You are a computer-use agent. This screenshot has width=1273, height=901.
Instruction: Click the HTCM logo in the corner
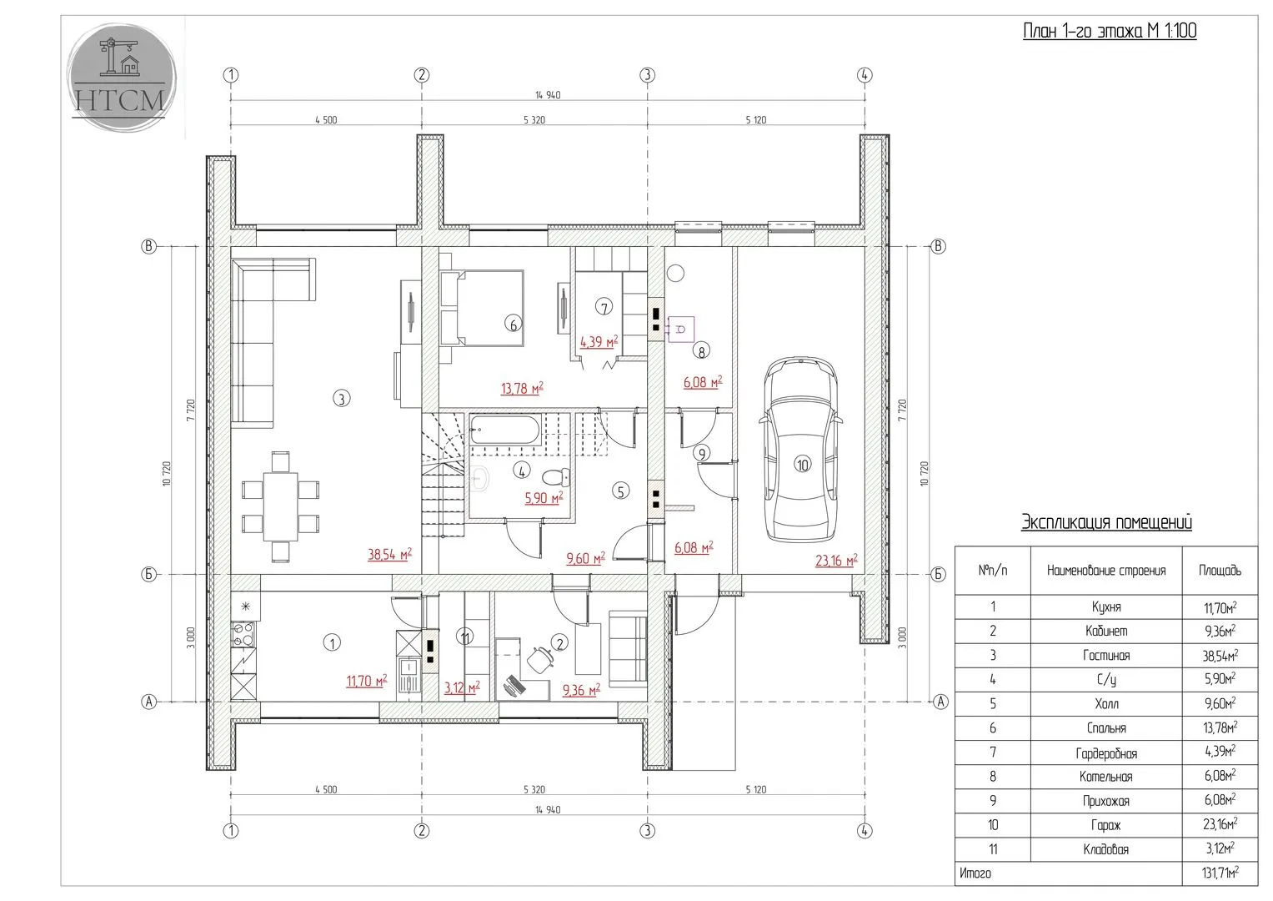click(122, 78)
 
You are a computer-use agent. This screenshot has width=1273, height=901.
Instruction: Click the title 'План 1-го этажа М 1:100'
click(1110, 31)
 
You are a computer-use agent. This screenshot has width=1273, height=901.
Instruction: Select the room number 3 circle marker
click(342, 399)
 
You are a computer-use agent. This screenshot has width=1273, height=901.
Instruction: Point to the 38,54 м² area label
click(390, 554)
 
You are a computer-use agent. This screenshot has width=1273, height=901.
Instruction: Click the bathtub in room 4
click(504, 430)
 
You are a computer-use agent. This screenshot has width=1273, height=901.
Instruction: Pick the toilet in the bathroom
click(556, 476)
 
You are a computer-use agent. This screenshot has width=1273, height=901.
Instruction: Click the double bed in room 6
click(482, 308)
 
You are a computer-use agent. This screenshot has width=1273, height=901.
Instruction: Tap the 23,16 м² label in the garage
click(836, 561)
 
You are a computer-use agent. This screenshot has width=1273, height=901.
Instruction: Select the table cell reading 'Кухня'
click(1106, 607)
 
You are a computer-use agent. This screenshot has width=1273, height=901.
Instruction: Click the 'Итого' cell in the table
click(975, 873)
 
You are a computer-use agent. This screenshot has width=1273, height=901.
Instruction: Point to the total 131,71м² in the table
click(1220, 873)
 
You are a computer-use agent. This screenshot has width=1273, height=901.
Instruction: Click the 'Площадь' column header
click(1220, 570)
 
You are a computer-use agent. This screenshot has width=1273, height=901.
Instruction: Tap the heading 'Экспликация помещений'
click(1106, 522)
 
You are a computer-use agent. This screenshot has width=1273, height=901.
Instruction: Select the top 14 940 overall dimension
click(548, 95)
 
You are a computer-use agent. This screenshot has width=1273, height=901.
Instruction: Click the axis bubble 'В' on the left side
click(149, 246)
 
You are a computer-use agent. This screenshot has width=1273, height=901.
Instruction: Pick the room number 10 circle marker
click(802, 465)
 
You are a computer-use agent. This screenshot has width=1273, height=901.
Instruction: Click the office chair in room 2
click(540, 659)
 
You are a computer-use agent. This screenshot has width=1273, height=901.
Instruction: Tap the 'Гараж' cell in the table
click(1106, 825)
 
